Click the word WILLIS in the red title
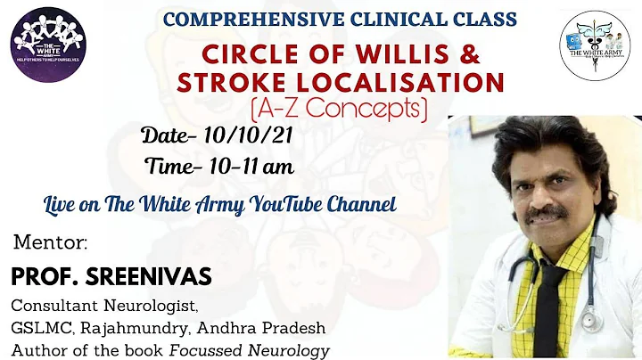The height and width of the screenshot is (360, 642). tap(398, 54)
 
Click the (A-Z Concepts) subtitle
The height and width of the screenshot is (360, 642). tap(338, 110)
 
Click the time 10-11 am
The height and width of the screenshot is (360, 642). tap(251, 166)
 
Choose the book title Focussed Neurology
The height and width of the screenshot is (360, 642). tap(264, 349)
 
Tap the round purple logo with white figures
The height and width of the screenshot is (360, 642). tap(47, 45)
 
